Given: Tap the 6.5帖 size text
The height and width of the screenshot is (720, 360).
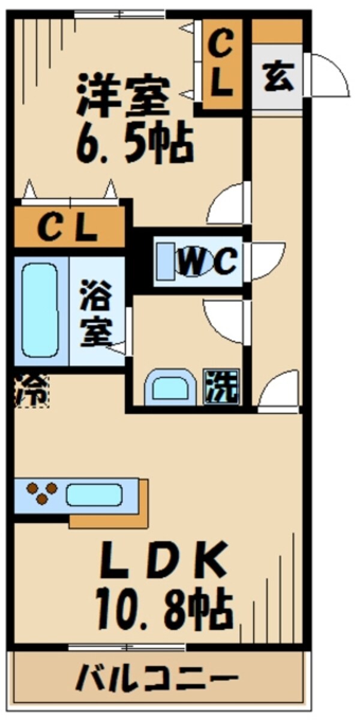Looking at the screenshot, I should [134, 143].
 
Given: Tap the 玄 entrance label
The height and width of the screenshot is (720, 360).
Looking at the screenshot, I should [278, 78].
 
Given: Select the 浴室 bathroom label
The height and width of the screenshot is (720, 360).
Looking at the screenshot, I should [97, 312].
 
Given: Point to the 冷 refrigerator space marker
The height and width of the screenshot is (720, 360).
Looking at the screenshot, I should [30, 390].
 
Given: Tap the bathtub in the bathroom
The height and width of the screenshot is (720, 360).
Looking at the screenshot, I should [41, 311].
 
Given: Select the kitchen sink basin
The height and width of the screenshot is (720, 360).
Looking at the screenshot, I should [94, 494].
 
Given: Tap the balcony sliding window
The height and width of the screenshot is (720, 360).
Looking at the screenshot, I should [127, 647].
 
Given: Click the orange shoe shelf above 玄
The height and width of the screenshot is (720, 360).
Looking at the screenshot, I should [277, 31].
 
